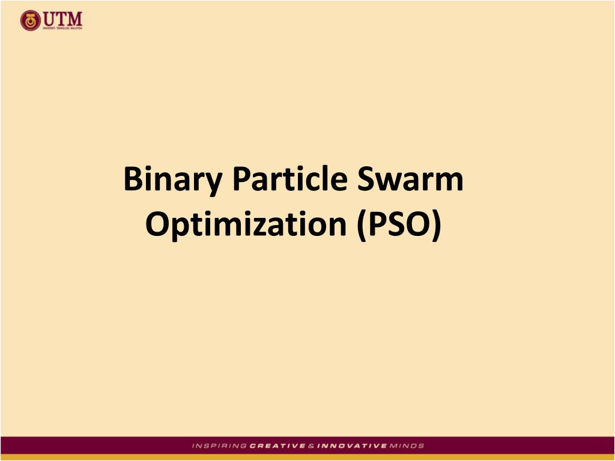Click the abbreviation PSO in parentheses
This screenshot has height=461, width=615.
[398, 224]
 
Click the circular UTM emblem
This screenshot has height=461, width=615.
[29, 21]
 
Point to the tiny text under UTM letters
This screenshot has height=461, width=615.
[61, 27]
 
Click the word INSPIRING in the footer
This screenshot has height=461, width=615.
[219, 446]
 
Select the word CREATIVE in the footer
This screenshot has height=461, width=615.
[273, 446]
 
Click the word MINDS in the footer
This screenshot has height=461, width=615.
[407, 446]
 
